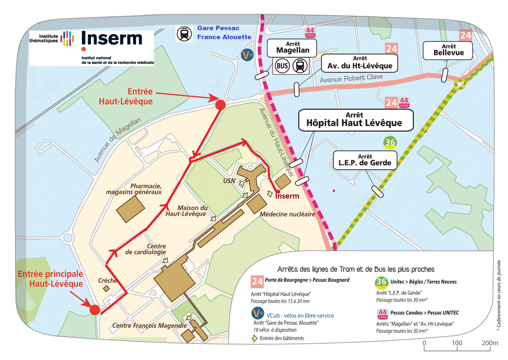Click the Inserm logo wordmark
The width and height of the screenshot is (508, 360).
coord(112,39)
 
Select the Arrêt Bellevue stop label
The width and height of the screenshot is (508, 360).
coord(449,50)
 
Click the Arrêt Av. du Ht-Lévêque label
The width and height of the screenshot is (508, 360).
coord(359,63)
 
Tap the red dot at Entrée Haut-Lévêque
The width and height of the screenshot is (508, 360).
coord(220,105)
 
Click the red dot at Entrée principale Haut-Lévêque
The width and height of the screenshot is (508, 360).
coord(95,310)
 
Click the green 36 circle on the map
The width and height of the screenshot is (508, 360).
coord(390,143)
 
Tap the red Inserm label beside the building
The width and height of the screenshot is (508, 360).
coord(287,196)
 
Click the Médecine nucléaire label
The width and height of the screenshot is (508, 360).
coord(287,214)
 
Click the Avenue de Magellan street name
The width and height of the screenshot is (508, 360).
coord(118,140)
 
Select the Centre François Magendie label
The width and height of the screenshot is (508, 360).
coord(150,325)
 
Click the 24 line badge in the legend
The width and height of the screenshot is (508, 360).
coord(257,281)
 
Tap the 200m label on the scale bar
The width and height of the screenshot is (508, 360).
coord(490,343)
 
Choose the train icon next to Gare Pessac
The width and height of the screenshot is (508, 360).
coord(184,34)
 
